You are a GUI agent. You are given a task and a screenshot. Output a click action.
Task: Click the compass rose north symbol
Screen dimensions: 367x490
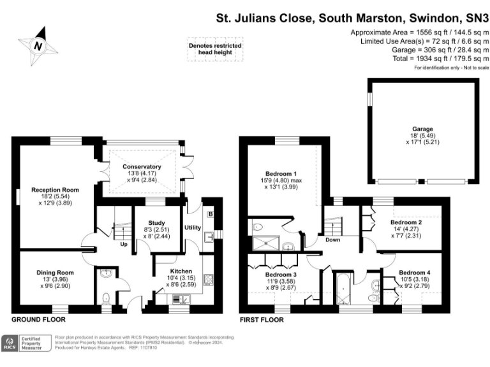tap(38, 45)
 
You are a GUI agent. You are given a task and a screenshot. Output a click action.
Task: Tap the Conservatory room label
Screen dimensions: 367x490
tap(142, 167)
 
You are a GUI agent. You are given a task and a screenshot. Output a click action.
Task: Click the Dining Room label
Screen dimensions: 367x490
tap(55, 273)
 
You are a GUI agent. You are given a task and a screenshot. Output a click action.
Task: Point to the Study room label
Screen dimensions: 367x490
tap(156, 223)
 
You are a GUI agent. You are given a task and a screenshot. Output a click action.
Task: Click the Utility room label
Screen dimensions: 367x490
tap(193, 227)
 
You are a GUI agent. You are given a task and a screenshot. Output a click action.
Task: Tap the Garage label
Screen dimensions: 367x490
tap(422, 128)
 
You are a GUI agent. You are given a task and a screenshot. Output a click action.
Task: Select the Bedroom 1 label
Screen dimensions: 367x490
tap(281, 173)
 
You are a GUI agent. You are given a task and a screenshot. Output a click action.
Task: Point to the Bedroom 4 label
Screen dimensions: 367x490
tap(415, 273)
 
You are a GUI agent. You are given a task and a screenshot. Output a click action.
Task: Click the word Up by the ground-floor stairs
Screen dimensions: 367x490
tap(122, 243)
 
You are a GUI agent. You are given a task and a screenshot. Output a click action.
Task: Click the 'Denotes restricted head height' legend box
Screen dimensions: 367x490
tap(214, 50)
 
